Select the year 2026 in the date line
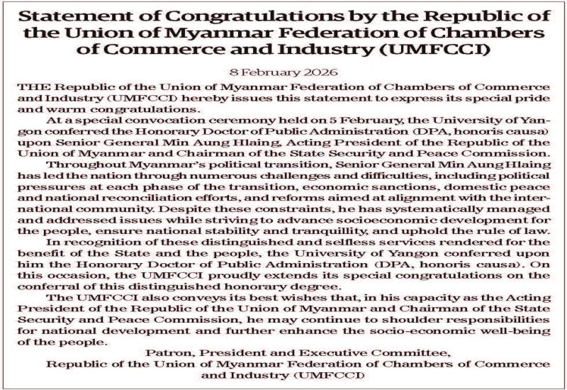tap(322, 73)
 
